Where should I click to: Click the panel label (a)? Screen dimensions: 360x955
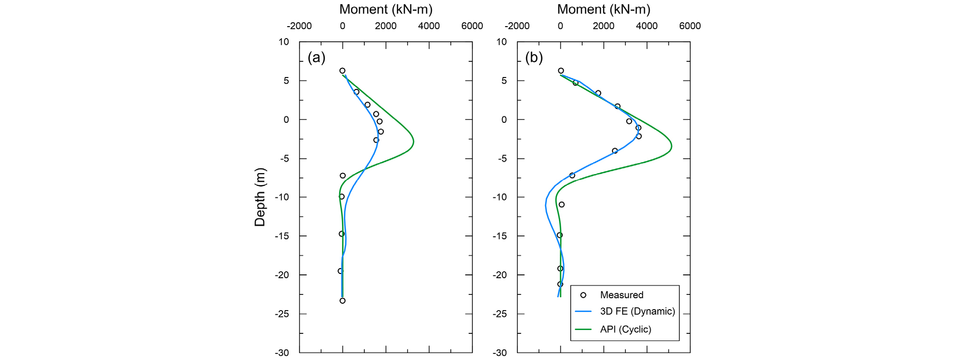316,58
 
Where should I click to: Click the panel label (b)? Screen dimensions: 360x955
534,58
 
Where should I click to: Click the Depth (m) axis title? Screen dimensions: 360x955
260,197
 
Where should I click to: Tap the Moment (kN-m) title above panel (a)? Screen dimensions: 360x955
386,10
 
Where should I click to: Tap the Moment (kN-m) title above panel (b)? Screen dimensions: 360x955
604,10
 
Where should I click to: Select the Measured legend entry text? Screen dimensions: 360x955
621,295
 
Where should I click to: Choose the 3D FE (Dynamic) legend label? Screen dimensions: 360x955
637,311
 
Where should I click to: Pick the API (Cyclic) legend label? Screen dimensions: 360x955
625,329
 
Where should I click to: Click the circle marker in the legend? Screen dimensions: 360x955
583,295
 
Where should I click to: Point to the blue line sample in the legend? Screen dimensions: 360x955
583,312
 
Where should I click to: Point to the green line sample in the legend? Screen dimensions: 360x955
583,329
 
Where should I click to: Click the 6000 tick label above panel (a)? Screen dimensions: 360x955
472,26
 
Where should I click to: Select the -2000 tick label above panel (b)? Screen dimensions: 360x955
517,26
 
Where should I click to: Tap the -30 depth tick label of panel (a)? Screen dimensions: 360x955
283,353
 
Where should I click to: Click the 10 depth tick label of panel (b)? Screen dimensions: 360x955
501,42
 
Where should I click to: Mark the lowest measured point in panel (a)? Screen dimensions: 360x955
342,301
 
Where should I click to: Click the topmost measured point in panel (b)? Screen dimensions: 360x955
561,71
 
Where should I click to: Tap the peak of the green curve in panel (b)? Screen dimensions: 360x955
672,146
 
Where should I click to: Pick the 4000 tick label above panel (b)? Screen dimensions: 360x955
647,26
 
